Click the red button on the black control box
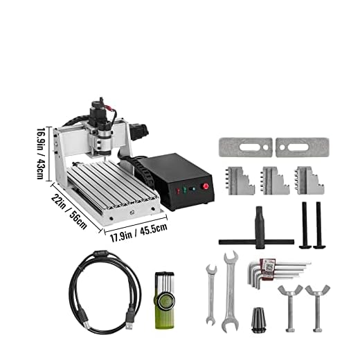pyautogui.click(x=206, y=187)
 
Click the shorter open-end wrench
pyautogui.click(x=210, y=295)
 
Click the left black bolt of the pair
pyautogui.click(x=304, y=225)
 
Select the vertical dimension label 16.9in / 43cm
pyautogui.click(x=42, y=154)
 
